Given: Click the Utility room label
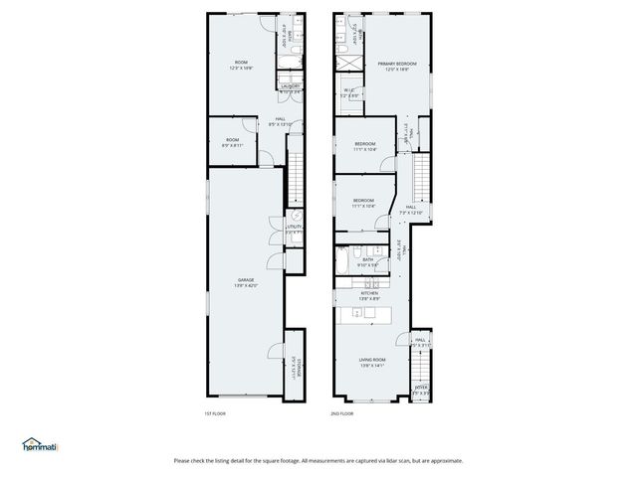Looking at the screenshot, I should click(x=294, y=228).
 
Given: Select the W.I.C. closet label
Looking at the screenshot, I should click(x=349, y=92).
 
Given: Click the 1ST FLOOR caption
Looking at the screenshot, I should click(x=216, y=412).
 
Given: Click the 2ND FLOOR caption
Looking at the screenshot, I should click(x=342, y=412).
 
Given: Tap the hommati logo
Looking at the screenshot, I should click(x=40, y=444).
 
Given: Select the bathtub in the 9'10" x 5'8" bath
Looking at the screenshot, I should click(x=342, y=261).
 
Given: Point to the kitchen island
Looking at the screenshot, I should click(x=365, y=315).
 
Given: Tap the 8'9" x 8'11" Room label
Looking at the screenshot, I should click(x=232, y=142).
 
